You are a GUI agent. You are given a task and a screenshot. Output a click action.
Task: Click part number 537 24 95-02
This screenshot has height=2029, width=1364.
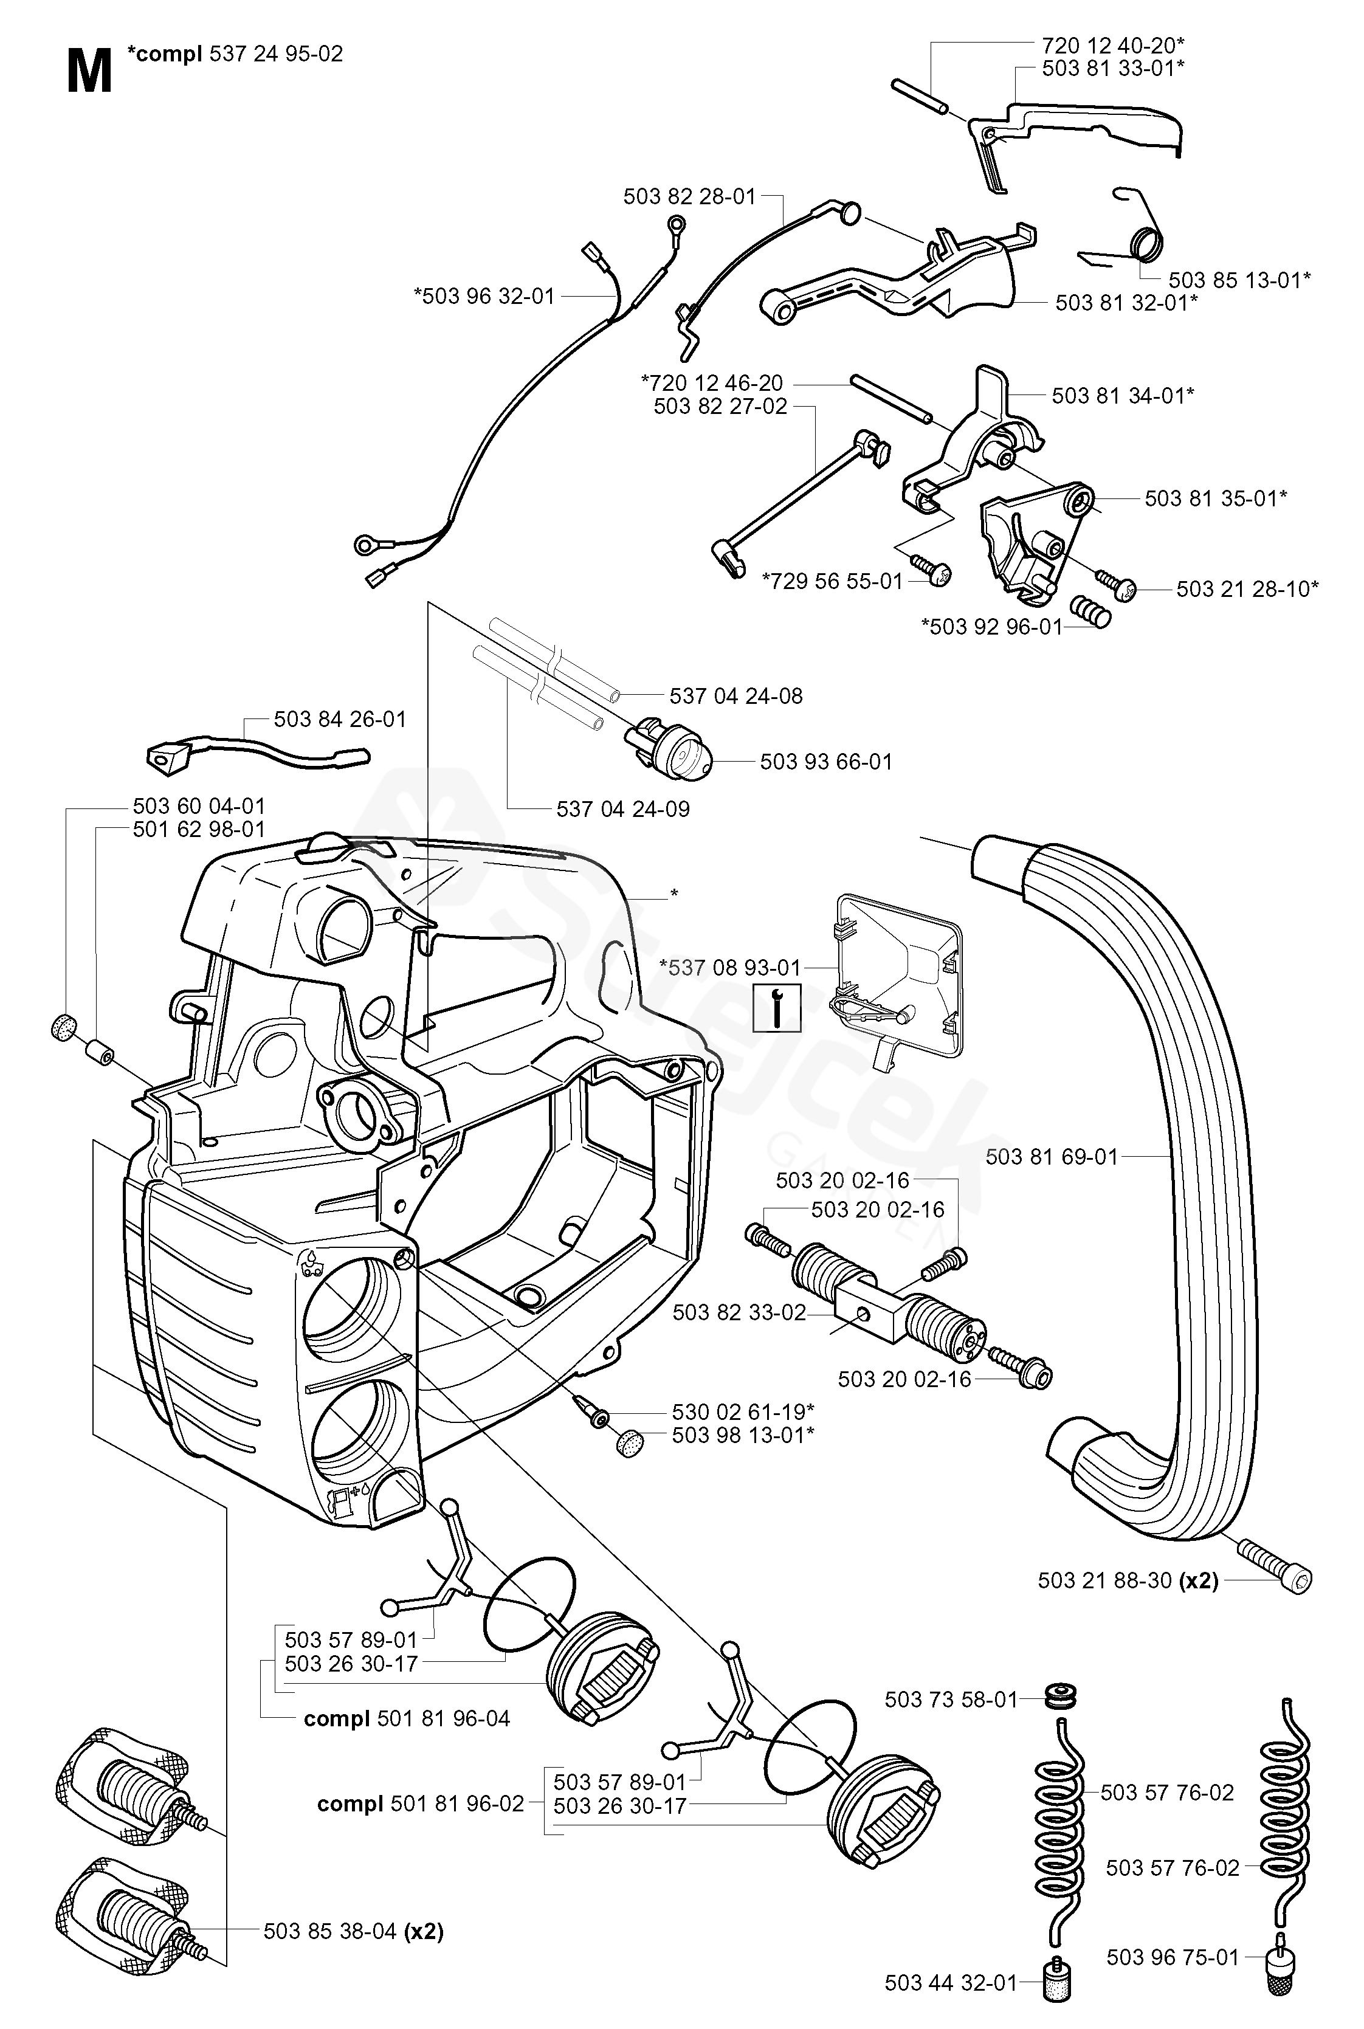pos(277,54)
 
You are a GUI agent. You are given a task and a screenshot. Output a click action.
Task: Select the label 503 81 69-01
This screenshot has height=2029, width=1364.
pos(1051,1157)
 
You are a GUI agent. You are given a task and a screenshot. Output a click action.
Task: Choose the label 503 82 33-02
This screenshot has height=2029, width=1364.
pos(739,1312)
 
